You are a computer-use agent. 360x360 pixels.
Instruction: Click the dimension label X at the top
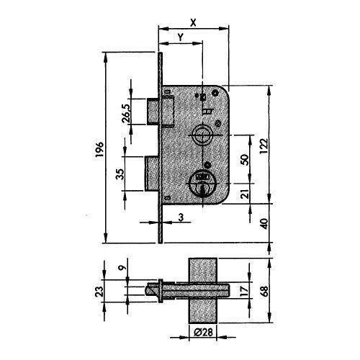(193, 22)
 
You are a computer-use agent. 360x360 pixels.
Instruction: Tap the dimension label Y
(181, 37)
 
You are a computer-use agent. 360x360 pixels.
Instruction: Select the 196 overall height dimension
(99, 149)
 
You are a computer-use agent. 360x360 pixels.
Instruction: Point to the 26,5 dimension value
(126, 114)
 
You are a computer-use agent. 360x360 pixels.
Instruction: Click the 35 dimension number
(120, 174)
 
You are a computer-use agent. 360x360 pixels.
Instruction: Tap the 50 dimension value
(244, 160)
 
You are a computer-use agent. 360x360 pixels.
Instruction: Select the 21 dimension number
(245, 194)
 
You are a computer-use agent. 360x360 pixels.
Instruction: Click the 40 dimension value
(264, 223)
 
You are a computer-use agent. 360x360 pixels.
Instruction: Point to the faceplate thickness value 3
(181, 217)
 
